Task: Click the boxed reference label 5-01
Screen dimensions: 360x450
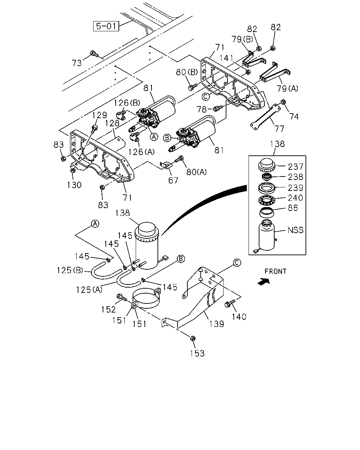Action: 106,26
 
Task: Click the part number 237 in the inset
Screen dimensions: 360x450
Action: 295,167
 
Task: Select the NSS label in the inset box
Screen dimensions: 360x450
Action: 295,230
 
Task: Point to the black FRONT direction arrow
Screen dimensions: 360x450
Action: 264,282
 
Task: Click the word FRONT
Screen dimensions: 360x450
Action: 275,271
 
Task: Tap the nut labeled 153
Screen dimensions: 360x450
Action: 193,338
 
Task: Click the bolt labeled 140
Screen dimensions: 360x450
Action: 229,303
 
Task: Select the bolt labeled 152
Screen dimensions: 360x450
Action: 122,297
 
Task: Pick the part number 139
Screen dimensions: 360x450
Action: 217,324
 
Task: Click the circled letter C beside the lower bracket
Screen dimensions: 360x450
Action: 237,262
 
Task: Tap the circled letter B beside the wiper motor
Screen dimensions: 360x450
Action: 167,138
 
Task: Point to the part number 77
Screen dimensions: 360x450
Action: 279,129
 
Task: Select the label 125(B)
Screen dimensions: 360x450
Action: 70,270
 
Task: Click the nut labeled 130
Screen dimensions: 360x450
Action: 73,170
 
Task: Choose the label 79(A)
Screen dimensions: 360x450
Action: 288,89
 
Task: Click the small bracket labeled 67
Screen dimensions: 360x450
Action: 166,165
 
